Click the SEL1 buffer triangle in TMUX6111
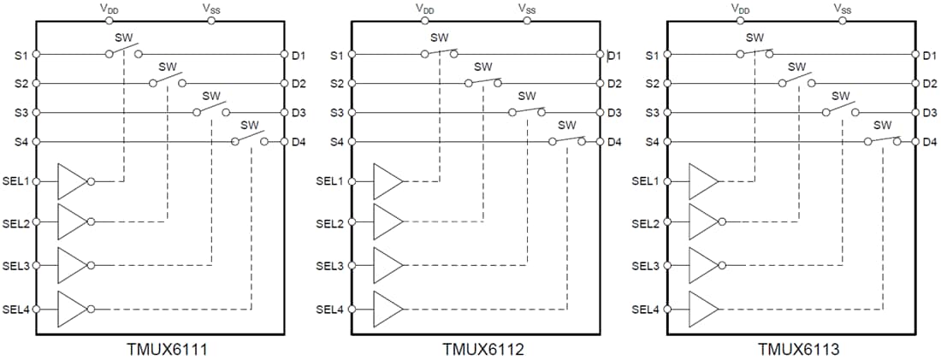pos(71,180)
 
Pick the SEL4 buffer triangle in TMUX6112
pos(387,309)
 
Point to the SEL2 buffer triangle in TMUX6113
pos(702,223)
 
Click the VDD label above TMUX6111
pos(109,8)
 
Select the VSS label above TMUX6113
pos(843,8)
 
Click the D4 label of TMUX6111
pos(299,141)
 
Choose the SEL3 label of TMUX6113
pos(645,266)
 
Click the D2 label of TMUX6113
pos(930,84)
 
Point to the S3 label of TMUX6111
pos(21,113)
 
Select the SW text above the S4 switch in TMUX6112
pos(567,125)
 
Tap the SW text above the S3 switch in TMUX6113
pos(841,96)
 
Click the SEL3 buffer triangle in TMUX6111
pos(71,266)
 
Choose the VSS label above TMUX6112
pos(527,8)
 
